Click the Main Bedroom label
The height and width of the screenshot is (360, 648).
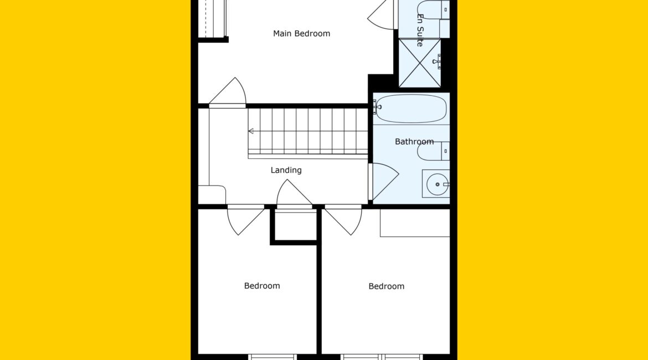tap(301, 33)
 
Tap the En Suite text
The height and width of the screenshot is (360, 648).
tap(420, 30)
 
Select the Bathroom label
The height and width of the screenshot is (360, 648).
tap(414, 141)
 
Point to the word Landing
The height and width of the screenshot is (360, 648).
tap(286, 170)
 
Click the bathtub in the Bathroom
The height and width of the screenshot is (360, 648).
tap(412, 109)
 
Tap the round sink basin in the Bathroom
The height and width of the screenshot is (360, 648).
tap(437, 184)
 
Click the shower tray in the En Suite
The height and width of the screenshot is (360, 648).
tap(420, 63)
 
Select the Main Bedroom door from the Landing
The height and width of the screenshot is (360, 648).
tap(227, 92)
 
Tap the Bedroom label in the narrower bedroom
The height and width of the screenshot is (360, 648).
tap(262, 286)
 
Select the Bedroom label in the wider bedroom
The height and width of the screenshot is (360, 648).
tap(387, 286)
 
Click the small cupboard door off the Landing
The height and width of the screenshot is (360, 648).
tap(294, 193)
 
